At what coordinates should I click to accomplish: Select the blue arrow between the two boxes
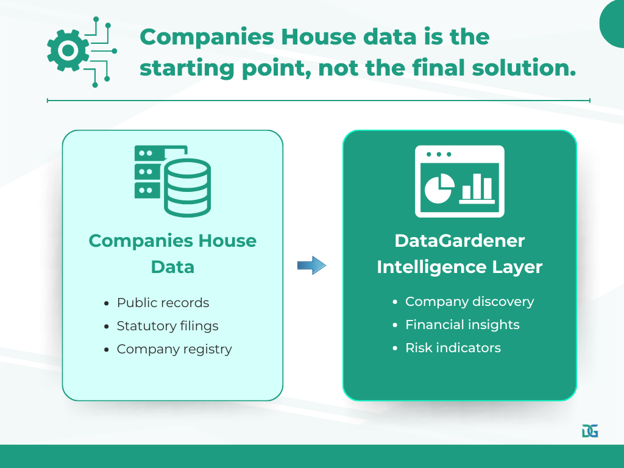[312, 265]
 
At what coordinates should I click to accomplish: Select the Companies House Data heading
[172, 253]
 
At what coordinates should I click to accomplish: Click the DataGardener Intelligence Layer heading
[459, 253]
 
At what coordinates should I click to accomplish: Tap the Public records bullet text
[163, 303]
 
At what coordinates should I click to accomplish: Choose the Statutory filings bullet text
[168, 326]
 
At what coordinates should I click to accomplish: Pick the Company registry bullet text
[174, 349]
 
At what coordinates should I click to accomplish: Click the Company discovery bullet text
[469, 302]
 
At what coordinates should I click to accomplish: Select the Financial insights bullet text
[462, 325]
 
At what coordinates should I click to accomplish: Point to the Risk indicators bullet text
[453, 348]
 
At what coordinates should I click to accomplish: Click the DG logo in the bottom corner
[590, 431]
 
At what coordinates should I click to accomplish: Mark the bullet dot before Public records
[107, 303]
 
